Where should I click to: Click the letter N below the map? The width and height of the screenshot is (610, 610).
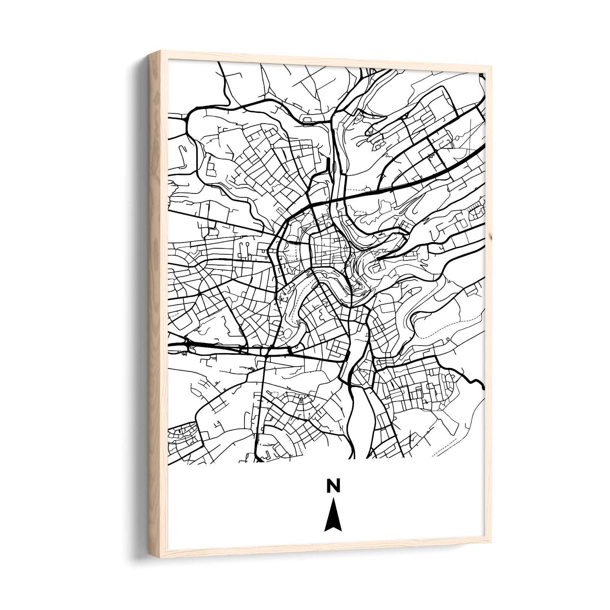click(333, 486)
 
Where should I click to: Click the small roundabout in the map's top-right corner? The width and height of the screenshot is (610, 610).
click(482, 76)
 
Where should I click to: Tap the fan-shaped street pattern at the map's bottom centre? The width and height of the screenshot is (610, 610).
click(295, 402)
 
